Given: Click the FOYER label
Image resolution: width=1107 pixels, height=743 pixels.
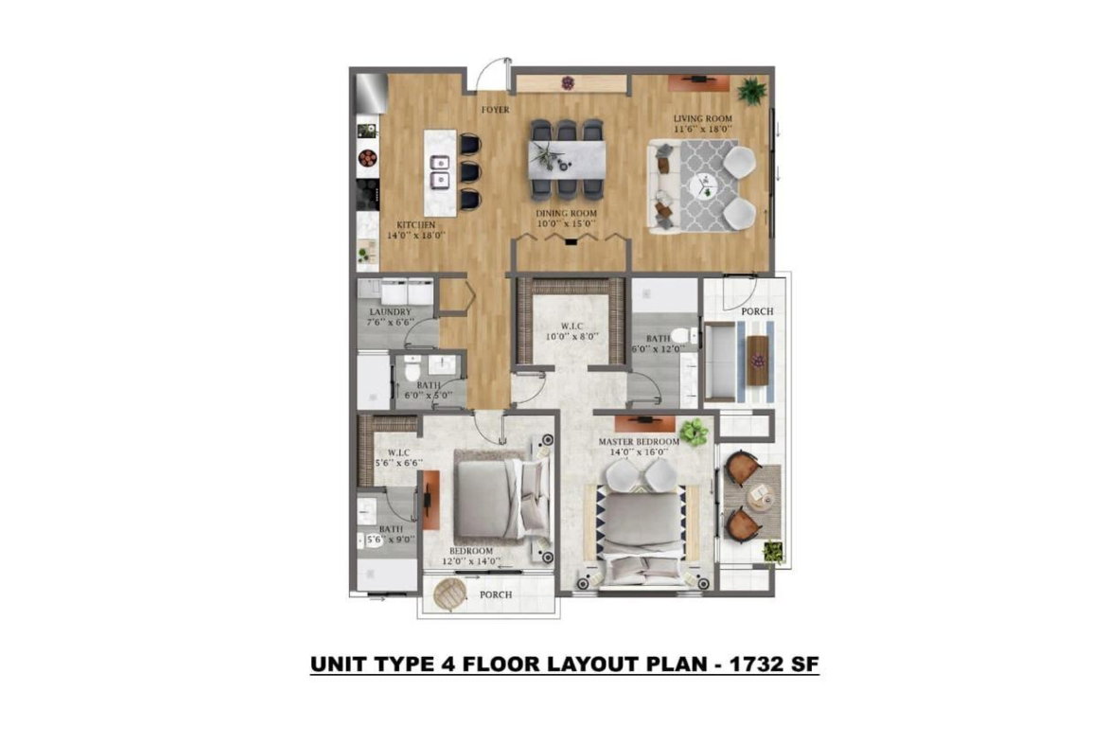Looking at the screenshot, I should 495,111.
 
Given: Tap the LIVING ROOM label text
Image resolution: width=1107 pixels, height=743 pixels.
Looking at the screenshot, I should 703,119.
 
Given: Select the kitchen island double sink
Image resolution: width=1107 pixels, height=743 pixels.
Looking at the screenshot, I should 440,170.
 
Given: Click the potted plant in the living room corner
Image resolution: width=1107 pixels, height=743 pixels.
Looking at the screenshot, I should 752,91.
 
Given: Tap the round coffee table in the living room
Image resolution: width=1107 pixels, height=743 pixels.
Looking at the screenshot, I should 703,186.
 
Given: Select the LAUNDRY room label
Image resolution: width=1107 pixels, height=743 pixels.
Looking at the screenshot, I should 389,312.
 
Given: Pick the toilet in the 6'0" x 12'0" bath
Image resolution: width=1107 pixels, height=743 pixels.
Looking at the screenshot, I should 681,335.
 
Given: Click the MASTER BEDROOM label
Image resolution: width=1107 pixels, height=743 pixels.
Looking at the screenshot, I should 639,442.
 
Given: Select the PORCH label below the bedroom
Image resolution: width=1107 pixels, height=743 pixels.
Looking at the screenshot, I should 495,594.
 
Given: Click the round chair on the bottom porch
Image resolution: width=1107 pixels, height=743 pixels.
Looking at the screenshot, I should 449,595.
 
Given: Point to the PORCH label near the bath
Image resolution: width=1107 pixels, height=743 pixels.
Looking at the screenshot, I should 757,311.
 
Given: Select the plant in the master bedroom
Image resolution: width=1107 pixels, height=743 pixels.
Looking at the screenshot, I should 694,432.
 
